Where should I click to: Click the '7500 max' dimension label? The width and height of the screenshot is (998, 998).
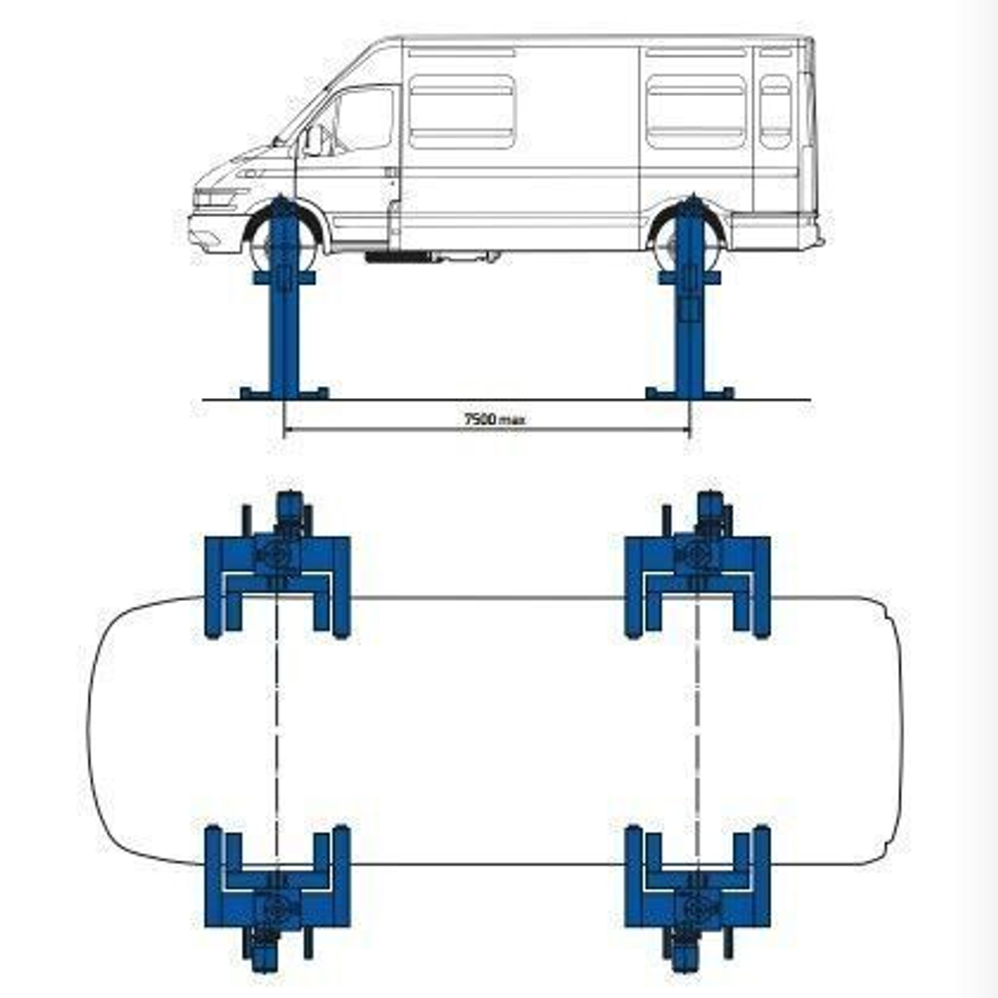495,419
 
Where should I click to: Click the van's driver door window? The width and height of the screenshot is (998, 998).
362,119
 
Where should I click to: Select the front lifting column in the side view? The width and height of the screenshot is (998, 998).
283,299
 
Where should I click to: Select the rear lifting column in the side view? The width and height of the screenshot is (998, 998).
690,299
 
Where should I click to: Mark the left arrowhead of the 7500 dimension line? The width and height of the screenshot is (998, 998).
287,431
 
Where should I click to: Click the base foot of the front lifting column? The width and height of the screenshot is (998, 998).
284,392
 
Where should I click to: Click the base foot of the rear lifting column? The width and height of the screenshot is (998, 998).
690,392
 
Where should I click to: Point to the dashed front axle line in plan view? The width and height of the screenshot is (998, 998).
276,729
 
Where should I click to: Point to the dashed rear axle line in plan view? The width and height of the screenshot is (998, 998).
697,729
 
